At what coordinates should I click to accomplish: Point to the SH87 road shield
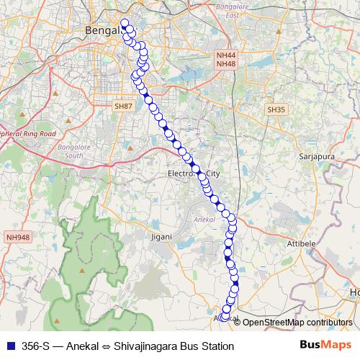(x=124, y=106)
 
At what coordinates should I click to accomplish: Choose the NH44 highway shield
(x=225, y=55)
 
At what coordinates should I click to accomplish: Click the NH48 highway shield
(x=225, y=64)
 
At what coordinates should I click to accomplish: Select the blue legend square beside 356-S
(x=9, y=346)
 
